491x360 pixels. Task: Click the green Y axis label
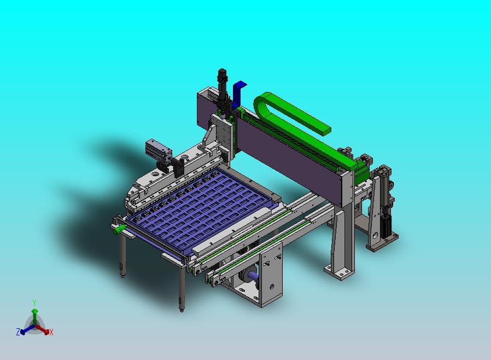(34, 303)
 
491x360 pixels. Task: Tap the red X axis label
(51, 332)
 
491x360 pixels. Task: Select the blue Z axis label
(18, 332)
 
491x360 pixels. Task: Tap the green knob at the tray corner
(118, 230)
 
